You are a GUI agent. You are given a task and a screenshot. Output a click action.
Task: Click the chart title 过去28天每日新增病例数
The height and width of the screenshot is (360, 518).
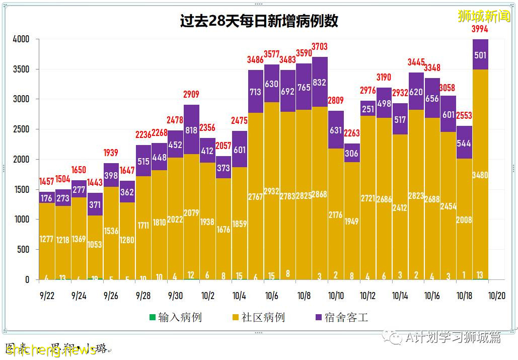pos(259,21)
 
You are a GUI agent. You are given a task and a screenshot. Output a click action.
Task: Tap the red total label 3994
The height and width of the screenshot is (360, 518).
pos(480,29)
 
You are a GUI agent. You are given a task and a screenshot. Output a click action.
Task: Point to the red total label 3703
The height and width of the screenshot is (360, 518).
pos(319,47)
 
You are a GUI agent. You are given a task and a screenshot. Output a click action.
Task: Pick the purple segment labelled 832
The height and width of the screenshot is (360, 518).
pos(319,82)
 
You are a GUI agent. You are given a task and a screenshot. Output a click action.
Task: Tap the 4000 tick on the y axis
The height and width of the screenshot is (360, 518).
pos(21,39)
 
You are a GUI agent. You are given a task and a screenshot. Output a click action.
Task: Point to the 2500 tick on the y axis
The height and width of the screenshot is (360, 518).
pos(21,129)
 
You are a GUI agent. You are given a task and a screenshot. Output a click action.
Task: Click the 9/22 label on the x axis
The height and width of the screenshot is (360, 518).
pos(47,296)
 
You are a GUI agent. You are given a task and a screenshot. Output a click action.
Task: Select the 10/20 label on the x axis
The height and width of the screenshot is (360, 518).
pos(496,296)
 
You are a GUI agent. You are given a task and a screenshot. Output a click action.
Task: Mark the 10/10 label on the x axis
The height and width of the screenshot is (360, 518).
pos(336,296)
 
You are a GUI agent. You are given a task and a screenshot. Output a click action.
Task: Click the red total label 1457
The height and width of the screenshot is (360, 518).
pos(47,181)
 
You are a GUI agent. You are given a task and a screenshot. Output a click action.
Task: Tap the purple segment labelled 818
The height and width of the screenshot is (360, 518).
pos(191,129)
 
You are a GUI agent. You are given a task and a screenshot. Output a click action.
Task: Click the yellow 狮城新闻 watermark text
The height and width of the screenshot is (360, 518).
pos(484,16)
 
